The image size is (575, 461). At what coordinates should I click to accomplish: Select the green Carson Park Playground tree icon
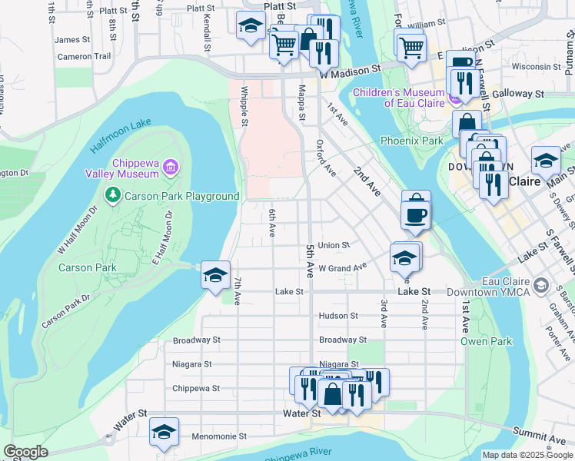tap(113, 195)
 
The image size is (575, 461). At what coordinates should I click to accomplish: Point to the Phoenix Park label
tap(411, 141)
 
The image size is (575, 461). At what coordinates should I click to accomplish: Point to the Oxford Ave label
tap(327, 158)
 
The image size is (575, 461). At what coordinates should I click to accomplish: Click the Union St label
tap(334, 245)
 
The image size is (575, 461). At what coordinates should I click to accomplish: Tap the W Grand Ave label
tap(344, 268)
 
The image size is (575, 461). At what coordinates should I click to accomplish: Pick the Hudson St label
tap(338, 315)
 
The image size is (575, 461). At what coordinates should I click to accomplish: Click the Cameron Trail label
tap(84, 56)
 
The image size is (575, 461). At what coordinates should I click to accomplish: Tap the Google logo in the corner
tap(25, 452)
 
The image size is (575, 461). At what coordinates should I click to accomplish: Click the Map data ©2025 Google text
tap(527, 455)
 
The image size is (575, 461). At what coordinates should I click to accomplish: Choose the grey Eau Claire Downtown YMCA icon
tap(541, 287)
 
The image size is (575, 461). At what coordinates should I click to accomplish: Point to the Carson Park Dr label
tap(65, 310)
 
